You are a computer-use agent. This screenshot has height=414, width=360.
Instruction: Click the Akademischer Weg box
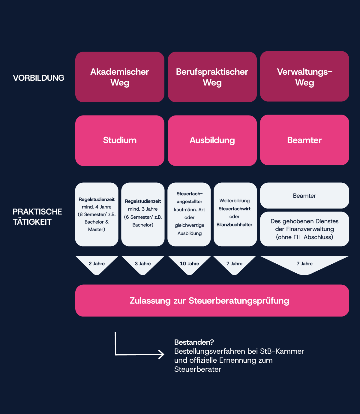point(120,77)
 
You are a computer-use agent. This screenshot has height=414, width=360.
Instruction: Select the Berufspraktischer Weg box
point(212,77)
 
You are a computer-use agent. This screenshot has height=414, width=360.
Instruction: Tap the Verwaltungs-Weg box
point(304,76)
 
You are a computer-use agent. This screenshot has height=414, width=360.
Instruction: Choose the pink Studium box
point(120,140)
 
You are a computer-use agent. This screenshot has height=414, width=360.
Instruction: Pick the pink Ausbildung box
point(212,140)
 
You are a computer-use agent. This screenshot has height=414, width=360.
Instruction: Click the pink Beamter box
point(304,140)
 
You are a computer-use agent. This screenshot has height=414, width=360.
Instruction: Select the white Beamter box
point(304,196)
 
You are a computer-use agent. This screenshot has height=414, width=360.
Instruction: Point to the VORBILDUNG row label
point(38,78)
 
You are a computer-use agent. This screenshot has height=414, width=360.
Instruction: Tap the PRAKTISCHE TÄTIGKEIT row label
point(37,217)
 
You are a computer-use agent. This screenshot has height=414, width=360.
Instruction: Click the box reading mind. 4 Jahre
point(97,214)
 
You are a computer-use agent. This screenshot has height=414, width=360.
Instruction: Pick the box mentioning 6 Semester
point(143,214)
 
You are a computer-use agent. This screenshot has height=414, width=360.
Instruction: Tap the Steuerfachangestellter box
point(189,214)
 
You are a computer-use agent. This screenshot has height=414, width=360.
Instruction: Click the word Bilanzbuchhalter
point(234,225)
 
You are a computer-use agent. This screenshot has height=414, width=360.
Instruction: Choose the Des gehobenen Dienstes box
point(304,229)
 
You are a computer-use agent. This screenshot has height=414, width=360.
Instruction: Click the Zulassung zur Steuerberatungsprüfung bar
point(212,301)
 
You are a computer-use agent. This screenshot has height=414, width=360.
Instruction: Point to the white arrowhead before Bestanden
point(162,354)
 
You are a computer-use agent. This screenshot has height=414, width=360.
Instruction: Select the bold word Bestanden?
point(194,342)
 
